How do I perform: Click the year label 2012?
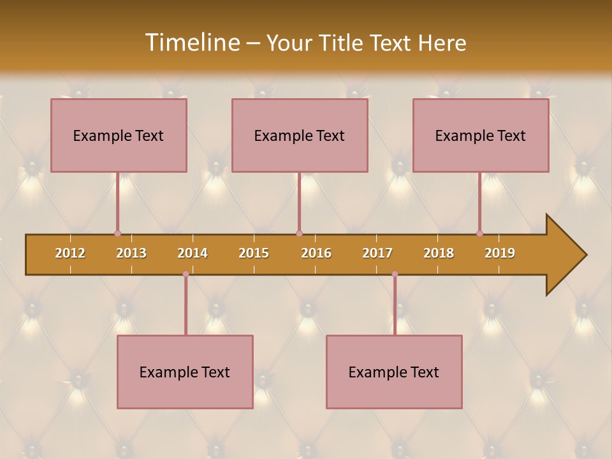(70, 253)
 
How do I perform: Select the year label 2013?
(131, 253)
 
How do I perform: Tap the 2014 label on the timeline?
(193, 253)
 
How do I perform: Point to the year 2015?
(254, 253)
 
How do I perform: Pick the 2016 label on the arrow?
(316, 253)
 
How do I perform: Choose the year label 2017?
(377, 253)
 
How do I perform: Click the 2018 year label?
(439, 253)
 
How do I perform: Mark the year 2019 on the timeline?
(500, 253)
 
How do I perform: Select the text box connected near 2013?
(119, 135)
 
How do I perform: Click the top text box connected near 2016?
(300, 135)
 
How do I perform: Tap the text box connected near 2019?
(481, 135)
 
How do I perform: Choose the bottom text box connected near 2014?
(185, 372)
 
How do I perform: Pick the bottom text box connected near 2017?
(394, 372)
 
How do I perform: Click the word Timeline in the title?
(191, 43)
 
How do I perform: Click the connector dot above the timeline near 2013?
(117, 234)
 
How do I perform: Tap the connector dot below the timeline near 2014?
(186, 274)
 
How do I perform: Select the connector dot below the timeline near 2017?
(395, 274)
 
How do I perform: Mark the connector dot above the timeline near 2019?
(479, 234)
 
